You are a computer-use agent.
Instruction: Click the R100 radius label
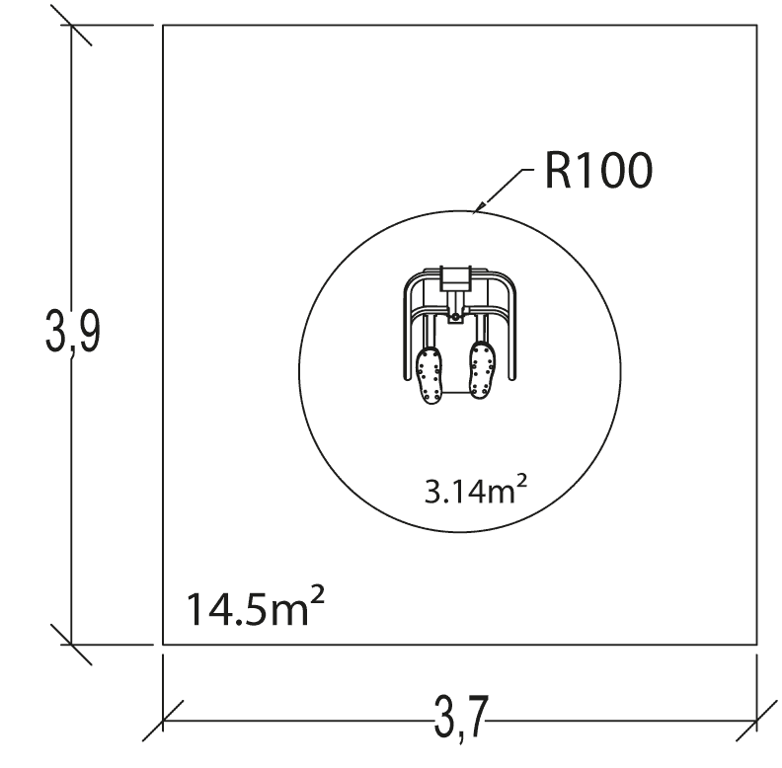pos(598,170)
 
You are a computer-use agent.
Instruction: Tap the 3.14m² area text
pos(475,490)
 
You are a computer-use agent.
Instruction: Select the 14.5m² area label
pos(255,606)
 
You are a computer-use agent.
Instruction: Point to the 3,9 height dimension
pos(73,331)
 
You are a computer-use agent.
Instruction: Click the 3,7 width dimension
pos(460,716)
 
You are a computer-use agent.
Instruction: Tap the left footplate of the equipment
pos(429,374)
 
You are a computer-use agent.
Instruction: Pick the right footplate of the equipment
pos(482,370)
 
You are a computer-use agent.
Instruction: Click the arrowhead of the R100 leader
pos(477,208)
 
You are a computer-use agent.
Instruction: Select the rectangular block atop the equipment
pos(455,278)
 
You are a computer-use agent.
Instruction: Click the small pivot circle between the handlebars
pos(455,317)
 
